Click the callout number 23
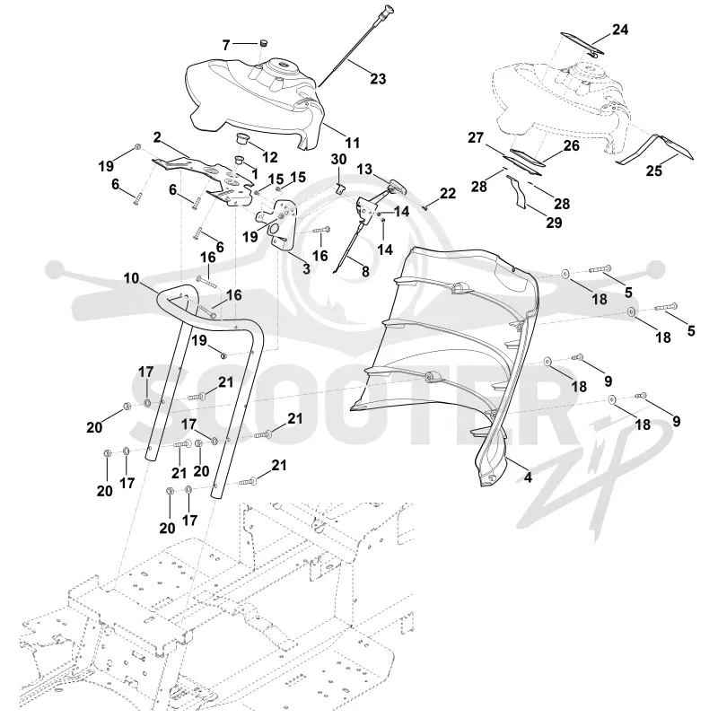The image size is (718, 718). [x=378, y=79]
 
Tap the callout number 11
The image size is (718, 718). [x=352, y=143]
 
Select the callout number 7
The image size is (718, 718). [x=226, y=45]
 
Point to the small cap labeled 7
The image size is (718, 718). [x=263, y=43]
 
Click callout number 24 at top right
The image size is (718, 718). [x=619, y=30]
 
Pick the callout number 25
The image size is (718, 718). [x=654, y=171]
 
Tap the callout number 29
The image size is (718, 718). [x=554, y=222]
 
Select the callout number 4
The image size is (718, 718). [x=528, y=477]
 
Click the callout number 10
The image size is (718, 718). [x=131, y=278]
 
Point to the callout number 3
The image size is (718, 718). [x=306, y=268]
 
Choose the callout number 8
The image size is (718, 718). [x=365, y=271]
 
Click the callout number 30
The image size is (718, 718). [x=339, y=160]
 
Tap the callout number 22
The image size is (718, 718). [x=447, y=193]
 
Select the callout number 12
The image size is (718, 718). [x=270, y=157]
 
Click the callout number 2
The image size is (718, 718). [x=157, y=137]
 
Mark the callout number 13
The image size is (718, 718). [x=364, y=169]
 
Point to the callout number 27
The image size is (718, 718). [x=476, y=137]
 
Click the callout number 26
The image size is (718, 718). [x=571, y=145]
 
